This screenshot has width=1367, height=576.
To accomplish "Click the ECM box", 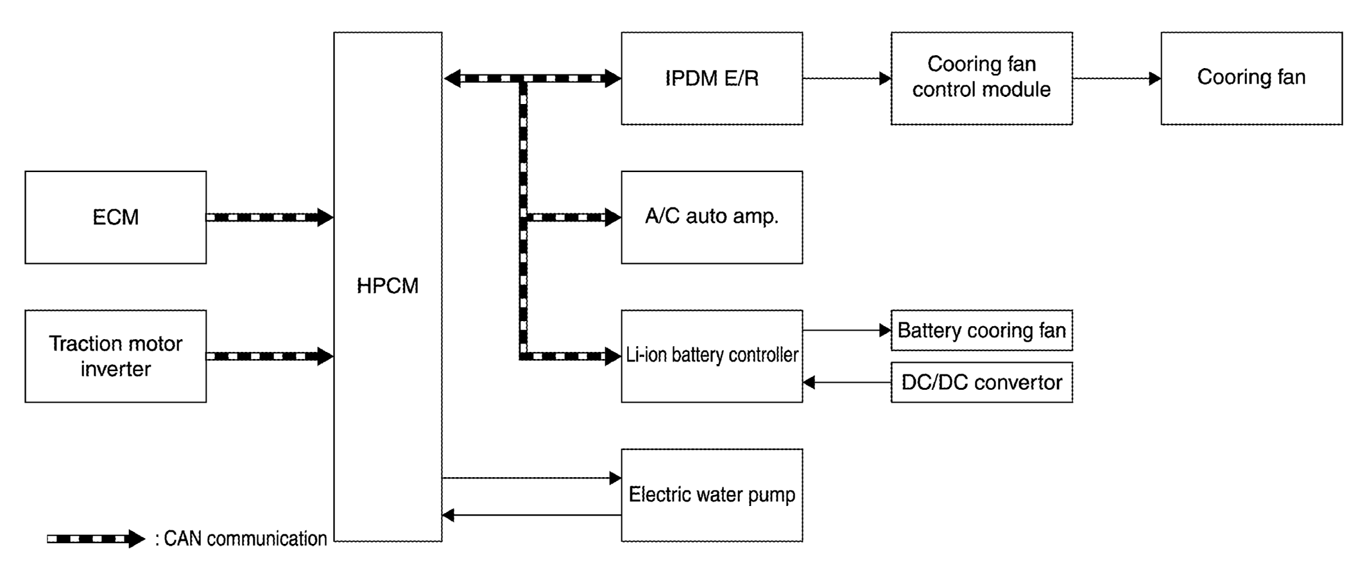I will pos(116,217).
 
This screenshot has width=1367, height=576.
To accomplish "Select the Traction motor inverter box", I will pos(116,356).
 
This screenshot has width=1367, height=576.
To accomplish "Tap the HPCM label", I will pos(388,286).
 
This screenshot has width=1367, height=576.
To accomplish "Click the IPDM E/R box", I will pos(712,78).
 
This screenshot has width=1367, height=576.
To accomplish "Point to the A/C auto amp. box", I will pos(712,217).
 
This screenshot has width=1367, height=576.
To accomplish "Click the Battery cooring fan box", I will pos(981,331).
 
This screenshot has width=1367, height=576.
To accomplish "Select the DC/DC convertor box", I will pos(981,383).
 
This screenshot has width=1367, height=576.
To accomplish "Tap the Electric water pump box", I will pos(712,495).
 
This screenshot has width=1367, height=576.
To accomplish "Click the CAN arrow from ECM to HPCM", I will pos(270,218).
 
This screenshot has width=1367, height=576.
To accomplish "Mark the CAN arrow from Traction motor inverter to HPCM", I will pos(270,356).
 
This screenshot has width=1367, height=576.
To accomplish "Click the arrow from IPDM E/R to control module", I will pos(847,78).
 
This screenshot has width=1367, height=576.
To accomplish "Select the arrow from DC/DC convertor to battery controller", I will pos(847,383).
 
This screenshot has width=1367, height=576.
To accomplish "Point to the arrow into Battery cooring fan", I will pos(847,331).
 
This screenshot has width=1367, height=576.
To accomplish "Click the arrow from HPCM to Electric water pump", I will pos(531,478).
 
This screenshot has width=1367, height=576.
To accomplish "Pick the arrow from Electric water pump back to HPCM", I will pos(531,515).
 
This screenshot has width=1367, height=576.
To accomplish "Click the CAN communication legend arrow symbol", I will pos(96,539).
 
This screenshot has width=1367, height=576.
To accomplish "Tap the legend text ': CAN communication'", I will pos(241,539).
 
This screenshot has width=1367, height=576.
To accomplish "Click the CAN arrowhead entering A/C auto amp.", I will pos(613,218).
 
